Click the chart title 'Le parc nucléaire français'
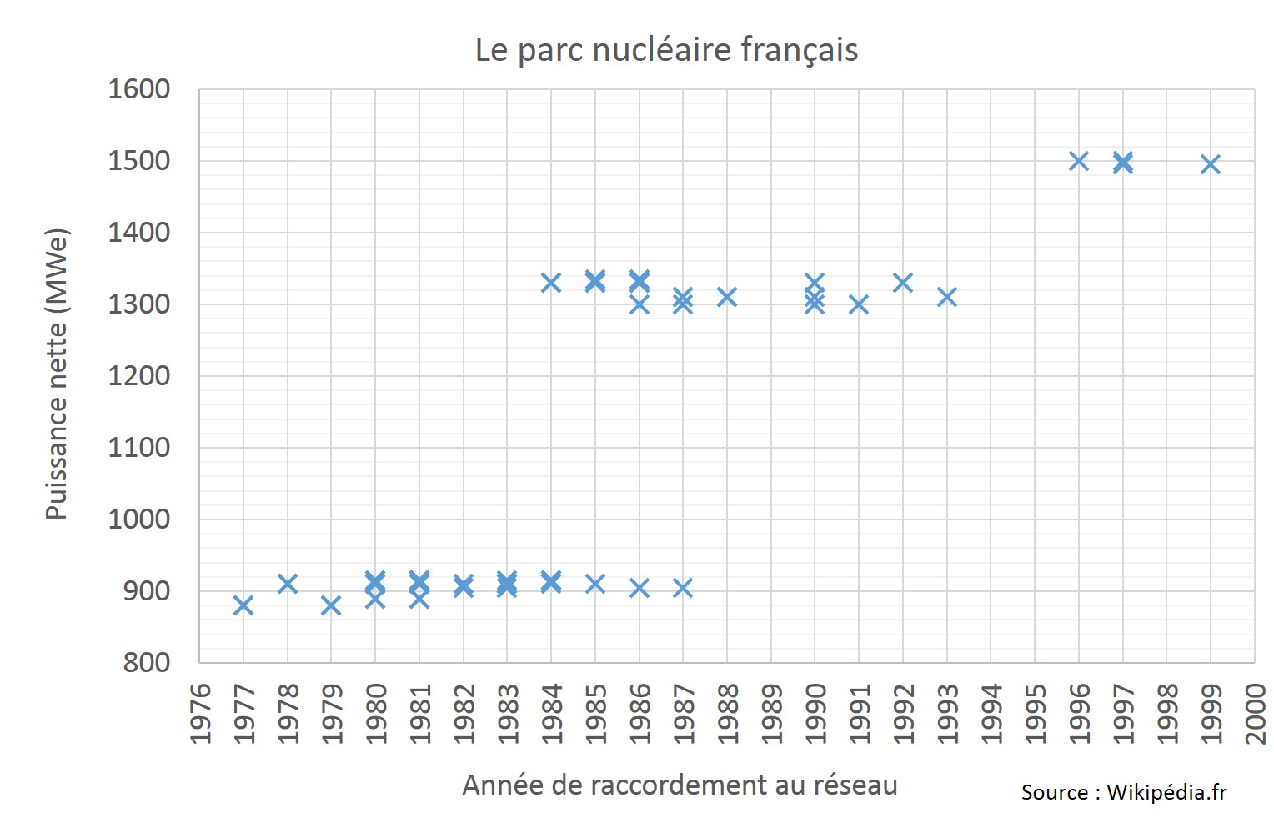coord(666,50)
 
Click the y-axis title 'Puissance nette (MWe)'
coord(57,374)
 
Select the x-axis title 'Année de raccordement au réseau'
coord(680,785)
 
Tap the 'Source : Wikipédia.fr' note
coord(1123,792)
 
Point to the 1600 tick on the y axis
coord(138,89)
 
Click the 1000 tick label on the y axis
coord(138,519)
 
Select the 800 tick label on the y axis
coord(146,663)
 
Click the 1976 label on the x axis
coord(200,714)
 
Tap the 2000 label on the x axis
coord(1256,714)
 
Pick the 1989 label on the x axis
coord(772,714)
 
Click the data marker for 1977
coord(243,605)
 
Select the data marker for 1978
coord(288,584)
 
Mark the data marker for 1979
coord(331,605)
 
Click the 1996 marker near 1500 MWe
coord(1079,161)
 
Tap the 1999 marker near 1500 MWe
coord(1211,164)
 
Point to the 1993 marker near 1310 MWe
coord(947,297)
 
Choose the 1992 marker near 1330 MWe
coord(903,283)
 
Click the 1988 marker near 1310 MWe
coord(727,297)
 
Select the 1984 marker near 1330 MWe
coord(551,283)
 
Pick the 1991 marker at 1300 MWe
coord(859,304)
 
